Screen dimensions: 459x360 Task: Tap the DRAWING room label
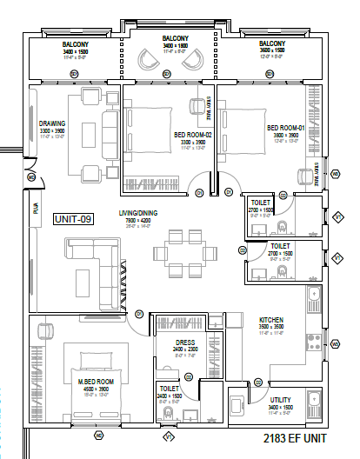pos(52,123)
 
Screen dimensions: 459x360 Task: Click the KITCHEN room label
pos(272,321)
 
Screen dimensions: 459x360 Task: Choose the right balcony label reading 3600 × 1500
pos(272,50)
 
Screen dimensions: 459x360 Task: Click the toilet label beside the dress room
pos(170,391)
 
